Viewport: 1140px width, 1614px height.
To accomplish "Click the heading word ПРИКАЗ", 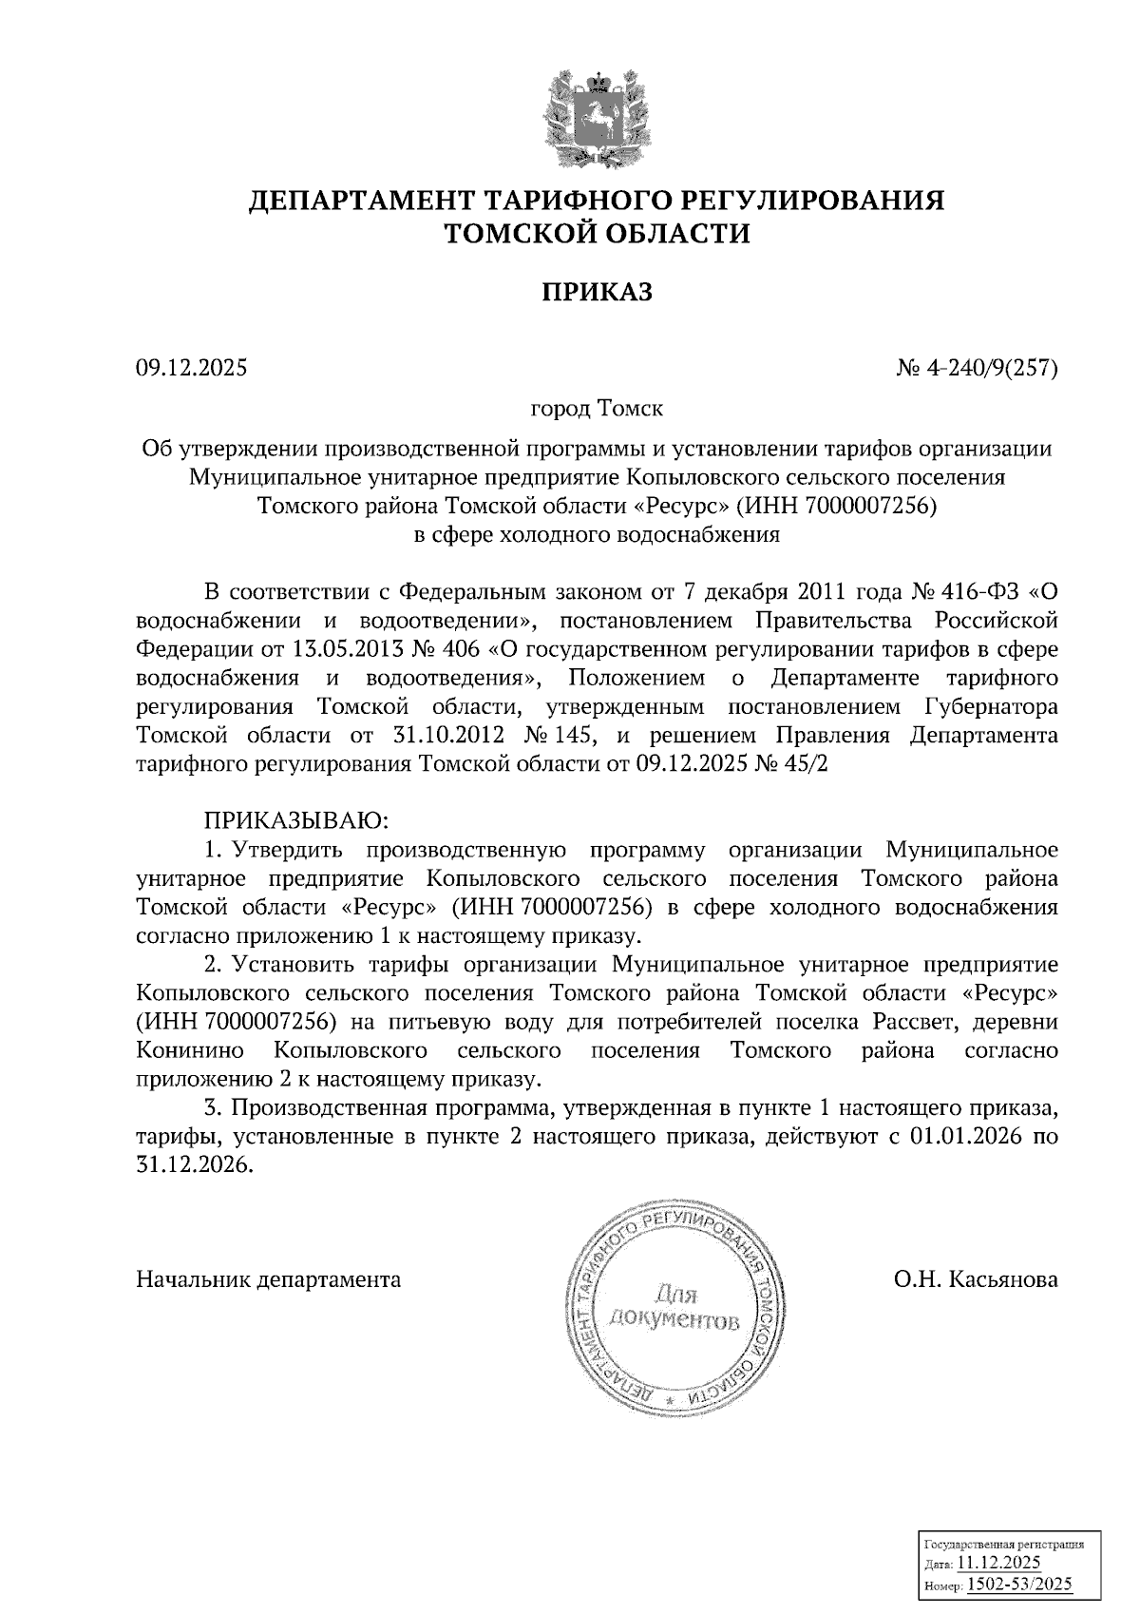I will (x=598, y=292).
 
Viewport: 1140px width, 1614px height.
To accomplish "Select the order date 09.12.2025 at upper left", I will (x=191, y=366).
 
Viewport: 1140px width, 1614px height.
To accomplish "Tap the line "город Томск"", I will (x=597, y=409).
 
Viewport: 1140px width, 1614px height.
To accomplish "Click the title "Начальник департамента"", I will (x=269, y=1279).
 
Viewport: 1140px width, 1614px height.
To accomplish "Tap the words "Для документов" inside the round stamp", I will (x=674, y=1307).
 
